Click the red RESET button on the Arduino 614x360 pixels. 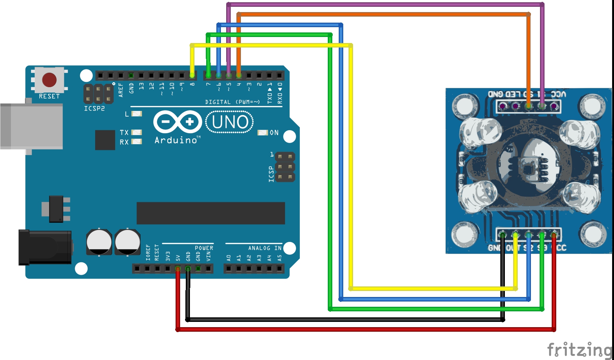tap(49, 80)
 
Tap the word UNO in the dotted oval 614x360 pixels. tap(230, 122)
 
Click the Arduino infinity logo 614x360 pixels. tap(177, 122)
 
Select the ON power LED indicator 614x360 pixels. tap(262, 132)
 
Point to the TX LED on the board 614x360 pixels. tap(136, 132)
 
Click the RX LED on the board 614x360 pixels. tap(136, 142)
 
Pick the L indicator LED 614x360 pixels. tap(136, 114)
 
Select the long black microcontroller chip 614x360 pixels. tap(211, 213)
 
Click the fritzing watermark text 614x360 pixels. tap(580, 350)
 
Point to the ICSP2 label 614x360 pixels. tap(94, 109)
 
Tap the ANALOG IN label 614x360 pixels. tap(265, 248)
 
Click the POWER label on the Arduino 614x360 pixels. tap(204, 248)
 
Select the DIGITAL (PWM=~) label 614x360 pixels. tap(232, 102)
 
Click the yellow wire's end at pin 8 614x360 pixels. tap(192, 75)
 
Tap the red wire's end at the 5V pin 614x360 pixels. tap(178, 269)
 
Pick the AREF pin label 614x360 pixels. tap(121, 90)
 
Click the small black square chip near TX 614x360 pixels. tap(105, 140)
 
